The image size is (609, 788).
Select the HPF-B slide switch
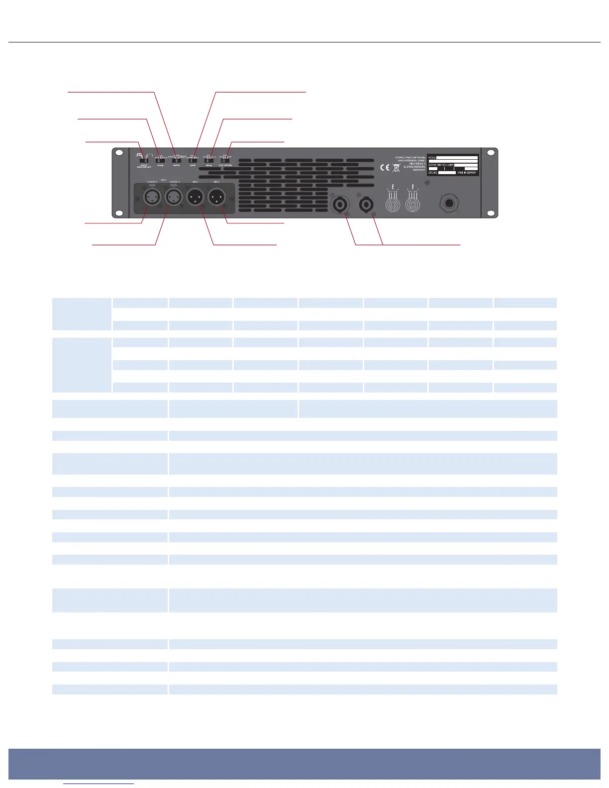[160, 160]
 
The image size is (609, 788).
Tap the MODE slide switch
[177, 160]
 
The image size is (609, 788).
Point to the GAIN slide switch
[193, 160]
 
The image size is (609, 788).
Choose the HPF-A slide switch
[209, 160]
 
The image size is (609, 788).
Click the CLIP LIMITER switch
[225, 160]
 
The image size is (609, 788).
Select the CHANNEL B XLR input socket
[152, 198]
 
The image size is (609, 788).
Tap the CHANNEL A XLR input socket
[174, 198]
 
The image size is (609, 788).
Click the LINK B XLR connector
[195, 198]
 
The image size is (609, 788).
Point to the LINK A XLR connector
[216, 198]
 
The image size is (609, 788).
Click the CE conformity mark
[385, 168]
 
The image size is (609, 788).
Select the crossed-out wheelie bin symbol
[396, 168]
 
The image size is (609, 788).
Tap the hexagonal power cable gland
[448, 203]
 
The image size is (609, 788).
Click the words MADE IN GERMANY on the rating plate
[467, 173]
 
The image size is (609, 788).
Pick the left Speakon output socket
[342, 204]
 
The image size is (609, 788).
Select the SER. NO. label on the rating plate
[433, 173]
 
